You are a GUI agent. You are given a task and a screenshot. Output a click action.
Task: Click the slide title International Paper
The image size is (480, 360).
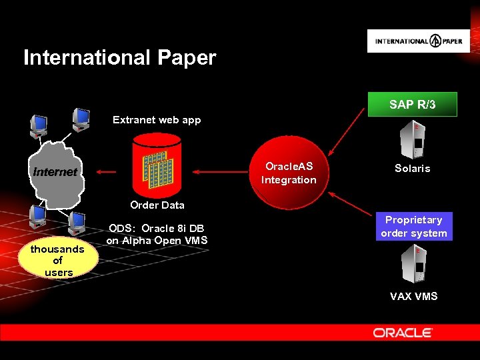(x=120, y=58)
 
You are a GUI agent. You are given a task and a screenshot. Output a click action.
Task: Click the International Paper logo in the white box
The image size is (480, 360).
(x=418, y=41)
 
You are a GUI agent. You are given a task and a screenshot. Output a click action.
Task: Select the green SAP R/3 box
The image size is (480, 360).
(x=413, y=105)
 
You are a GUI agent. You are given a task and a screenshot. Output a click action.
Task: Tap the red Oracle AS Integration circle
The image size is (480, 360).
(x=289, y=173)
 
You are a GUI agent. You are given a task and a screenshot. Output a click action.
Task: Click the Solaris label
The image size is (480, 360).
(x=412, y=169)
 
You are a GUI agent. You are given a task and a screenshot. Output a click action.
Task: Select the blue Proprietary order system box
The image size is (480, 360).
(x=414, y=227)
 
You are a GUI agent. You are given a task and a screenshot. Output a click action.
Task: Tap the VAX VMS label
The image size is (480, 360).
(x=413, y=296)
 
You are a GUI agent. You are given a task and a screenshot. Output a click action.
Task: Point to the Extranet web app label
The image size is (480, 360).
(x=157, y=120)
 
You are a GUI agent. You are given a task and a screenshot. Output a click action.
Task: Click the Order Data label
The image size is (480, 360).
(x=157, y=205)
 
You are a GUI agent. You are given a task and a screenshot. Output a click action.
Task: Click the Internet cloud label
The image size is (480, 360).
(x=55, y=172)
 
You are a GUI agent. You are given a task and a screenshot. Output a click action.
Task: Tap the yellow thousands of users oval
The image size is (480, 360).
(x=58, y=261)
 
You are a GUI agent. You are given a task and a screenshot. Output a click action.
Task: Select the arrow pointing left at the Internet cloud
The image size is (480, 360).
(x=106, y=172)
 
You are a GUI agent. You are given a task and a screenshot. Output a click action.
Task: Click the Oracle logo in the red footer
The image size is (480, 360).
(x=403, y=333)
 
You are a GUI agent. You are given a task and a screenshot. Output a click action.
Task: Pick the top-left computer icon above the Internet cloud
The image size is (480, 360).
(x=39, y=124)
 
